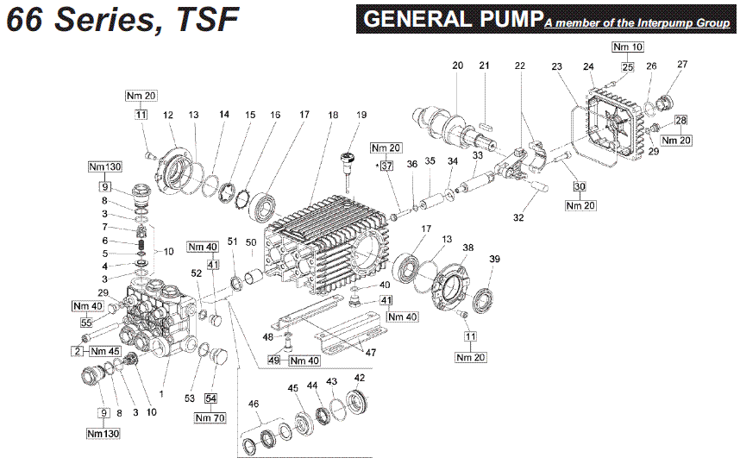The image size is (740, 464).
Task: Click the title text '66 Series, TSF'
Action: coord(122,19)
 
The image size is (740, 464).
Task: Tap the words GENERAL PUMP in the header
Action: coord(454,20)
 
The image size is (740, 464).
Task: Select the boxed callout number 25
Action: coord(627,66)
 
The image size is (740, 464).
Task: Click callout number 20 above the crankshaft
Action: coord(457,66)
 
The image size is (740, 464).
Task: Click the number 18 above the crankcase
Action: coord(332,115)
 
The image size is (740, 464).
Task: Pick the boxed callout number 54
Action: coord(210,398)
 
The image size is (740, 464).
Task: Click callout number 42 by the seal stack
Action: coord(359,377)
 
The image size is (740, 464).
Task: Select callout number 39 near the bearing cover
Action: coord(494,260)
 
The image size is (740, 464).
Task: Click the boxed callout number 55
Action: coord(85,323)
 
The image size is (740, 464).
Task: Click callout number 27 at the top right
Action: coord(682,66)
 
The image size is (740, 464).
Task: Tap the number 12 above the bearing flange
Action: coord(169,115)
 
